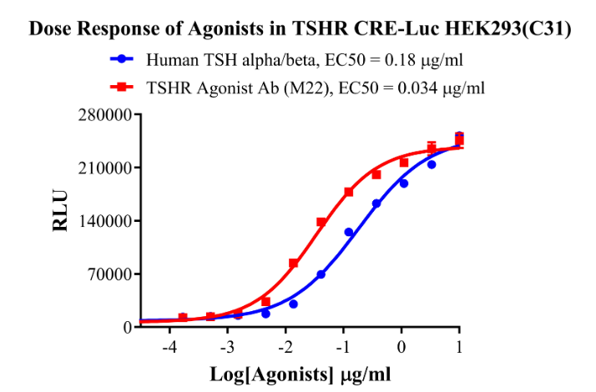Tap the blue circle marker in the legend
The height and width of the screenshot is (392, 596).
[x=123, y=60]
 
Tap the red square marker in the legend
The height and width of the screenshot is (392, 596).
[x=123, y=86]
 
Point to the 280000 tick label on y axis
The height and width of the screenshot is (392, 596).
[x=104, y=115]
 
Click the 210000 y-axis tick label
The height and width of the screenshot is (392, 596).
[x=104, y=168]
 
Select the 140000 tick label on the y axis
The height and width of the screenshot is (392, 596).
[x=104, y=221]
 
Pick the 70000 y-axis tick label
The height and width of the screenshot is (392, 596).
[x=109, y=274]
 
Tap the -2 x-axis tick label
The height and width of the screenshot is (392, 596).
[x=285, y=347]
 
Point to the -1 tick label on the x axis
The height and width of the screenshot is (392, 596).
[x=342, y=347]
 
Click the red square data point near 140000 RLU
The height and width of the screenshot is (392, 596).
[x=321, y=222]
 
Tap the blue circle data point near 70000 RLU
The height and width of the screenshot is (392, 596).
[x=321, y=274]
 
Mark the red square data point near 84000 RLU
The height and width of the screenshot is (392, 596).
[x=293, y=264]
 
